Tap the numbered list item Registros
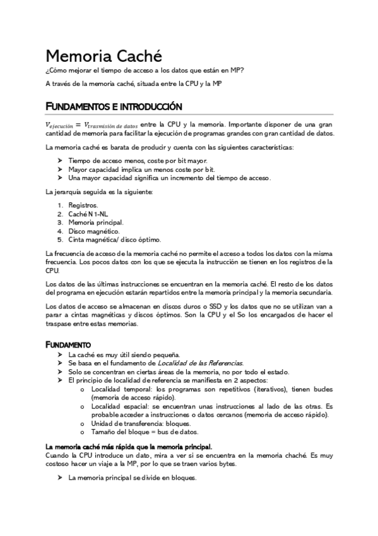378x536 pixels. (x=83, y=205)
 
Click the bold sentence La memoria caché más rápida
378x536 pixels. (x=129, y=447)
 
